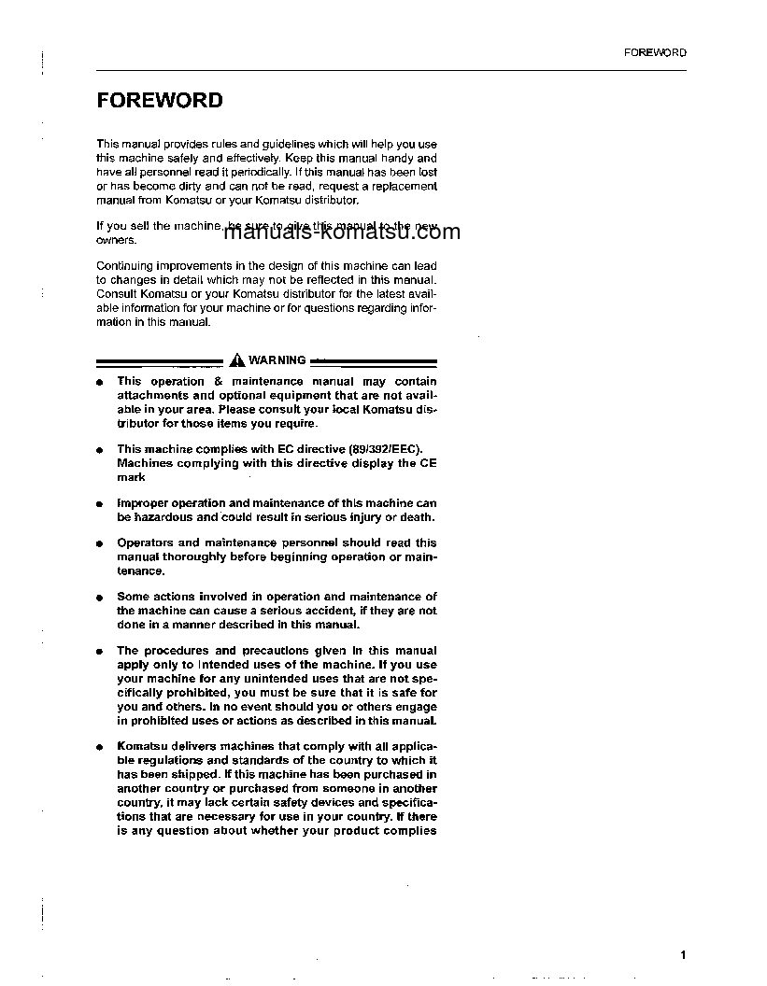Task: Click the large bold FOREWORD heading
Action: tap(160, 101)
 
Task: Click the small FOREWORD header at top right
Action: tap(655, 52)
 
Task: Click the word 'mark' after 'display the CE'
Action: tap(131, 477)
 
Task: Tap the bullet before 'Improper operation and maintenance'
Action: tap(99, 504)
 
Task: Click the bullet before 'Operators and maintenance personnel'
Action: tap(99, 543)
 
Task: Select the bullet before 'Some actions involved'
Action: tap(99, 598)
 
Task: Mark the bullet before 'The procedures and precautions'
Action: tap(99, 651)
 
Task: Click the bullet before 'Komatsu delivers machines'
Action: tap(99, 747)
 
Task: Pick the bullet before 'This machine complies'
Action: tap(99, 450)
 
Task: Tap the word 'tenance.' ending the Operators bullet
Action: tap(140, 570)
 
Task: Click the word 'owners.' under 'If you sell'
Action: tap(116, 239)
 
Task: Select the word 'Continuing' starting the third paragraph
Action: tap(124, 266)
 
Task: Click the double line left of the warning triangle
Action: tap(159, 361)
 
